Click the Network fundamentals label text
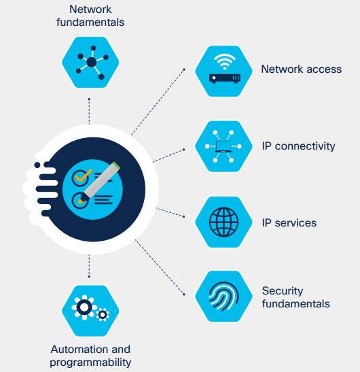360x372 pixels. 90,16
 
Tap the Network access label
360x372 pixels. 301,69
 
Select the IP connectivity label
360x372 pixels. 298,146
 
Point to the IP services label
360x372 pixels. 289,223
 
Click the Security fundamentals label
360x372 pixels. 295,297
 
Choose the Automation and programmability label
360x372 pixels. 90,356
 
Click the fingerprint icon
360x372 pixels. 223,296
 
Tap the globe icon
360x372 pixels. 223,222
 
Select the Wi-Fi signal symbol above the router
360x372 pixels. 225,61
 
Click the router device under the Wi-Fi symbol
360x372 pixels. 225,78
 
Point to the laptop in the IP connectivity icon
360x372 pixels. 223,146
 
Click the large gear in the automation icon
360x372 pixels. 84,307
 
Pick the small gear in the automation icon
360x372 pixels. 103,315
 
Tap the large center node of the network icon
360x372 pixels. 92,62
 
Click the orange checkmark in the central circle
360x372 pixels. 83,175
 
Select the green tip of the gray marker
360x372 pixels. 116,165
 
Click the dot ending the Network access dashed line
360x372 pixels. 184,69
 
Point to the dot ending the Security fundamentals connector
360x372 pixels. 184,294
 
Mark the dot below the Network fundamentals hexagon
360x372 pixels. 89,99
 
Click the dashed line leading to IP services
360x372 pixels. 170,212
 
